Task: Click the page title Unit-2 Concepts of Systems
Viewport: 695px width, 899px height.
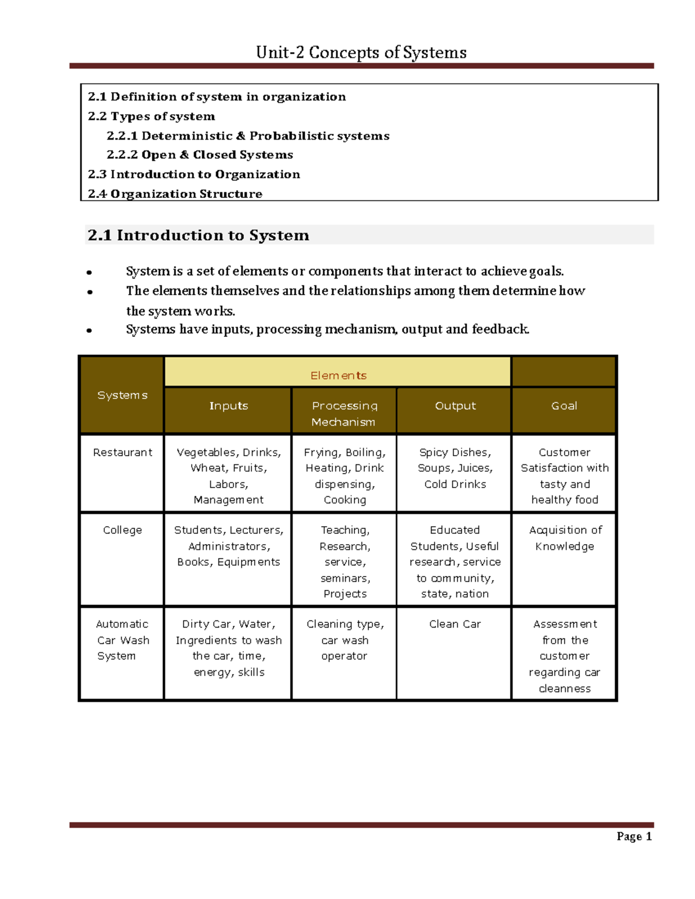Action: pos(361,53)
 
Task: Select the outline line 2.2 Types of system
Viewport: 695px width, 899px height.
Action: pos(151,116)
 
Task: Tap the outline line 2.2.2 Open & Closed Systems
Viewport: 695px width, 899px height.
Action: pos(200,155)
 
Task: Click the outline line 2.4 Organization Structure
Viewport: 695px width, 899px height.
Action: pos(175,194)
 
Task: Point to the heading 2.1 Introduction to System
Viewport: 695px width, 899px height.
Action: pos(198,235)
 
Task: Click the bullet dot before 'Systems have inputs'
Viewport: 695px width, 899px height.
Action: pos(89,331)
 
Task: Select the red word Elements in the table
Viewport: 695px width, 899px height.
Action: pos(338,376)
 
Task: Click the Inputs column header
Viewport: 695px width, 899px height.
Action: pos(228,406)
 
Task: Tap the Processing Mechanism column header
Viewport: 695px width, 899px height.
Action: pos(344,413)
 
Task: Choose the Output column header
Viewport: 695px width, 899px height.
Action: pos(455,406)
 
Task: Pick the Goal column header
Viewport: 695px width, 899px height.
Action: pos(564,406)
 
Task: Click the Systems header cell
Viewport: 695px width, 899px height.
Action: pos(122,395)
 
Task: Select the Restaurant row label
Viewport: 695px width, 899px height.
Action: pos(122,452)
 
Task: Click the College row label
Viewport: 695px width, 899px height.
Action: pos(122,530)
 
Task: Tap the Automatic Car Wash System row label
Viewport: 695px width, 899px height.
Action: pos(122,640)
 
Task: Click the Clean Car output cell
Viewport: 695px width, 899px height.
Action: pos(455,624)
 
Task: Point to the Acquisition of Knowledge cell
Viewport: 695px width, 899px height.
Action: pos(565,538)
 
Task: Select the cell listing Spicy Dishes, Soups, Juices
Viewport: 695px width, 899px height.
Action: pos(455,468)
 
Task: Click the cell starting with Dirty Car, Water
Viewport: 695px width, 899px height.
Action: pos(228,648)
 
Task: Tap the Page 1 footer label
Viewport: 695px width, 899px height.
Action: pos(634,836)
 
